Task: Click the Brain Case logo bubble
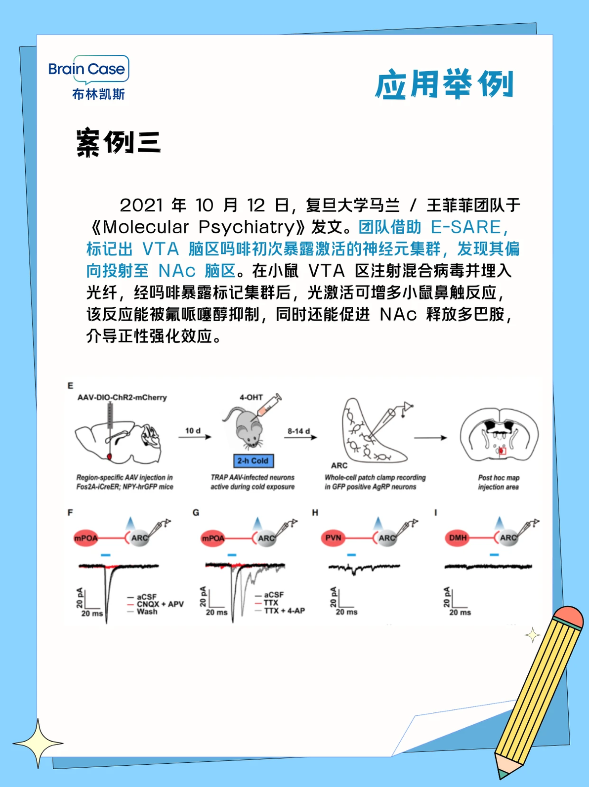point(88,69)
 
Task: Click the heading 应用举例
point(444,84)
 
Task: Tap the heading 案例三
point(119,143)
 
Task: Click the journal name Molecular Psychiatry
point(199,227)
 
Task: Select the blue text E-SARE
point(465,227)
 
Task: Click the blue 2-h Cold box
point(252,460)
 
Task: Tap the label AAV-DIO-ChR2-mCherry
point(122,397)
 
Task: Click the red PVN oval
point(334,538)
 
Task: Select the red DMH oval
point(458,538)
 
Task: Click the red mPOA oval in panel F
point(86,538)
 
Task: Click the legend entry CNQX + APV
point(160,604)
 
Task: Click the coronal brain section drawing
point(499,435)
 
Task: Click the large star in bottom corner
point(38,743)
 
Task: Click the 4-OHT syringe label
point(251,397)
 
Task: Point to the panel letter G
point(196,512)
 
